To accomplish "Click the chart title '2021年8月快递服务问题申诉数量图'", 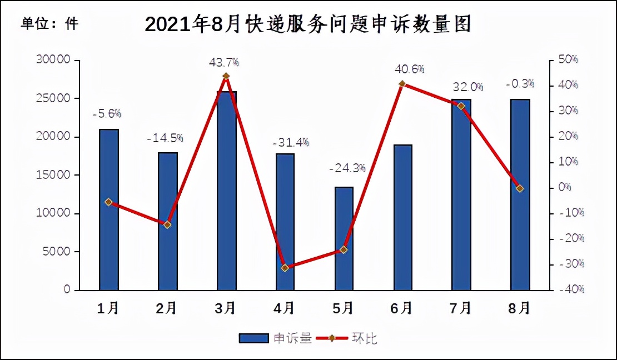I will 307,24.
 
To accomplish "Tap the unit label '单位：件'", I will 49,24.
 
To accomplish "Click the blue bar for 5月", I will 344,239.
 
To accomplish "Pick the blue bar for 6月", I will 402,217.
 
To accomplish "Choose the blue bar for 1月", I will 109,209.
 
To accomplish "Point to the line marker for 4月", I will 285,268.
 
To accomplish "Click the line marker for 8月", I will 520,188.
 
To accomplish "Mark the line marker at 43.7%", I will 226,76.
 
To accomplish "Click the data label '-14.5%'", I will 165,138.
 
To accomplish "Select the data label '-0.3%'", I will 520,84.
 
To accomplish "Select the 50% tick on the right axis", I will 568,59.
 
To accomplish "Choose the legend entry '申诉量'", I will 276,338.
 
